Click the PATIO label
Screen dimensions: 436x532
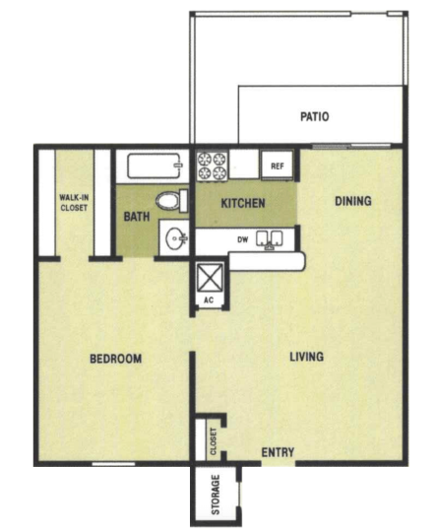pyautogui.click(x=314, y=116)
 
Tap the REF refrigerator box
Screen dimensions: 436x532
pyautogui.click(x=277, y=166)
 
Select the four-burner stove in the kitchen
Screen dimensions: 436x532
pyautogui.click(x=213, y=166)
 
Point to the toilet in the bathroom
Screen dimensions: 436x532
pyautogui.click(x=171, y=201)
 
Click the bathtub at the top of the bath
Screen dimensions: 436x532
pyautogui.click(x=155, y=166)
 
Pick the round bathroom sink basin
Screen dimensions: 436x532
pyautogui.click(x=175, y=237)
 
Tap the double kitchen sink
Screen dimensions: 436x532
pyautogui.click(x=270, y=238)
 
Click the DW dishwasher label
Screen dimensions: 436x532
pyautogui.click(x=243, y=239)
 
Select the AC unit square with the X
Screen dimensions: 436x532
pyautogui.click(x=211, y=278)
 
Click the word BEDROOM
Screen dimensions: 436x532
pyautogui.click(x=115, y=359)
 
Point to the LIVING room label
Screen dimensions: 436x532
pyautogui.click(x=306, y=357)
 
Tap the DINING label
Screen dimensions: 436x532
pyautogui.click(x=353, y=201)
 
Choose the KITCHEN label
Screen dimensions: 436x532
pyautogui.click(x=243, y=203)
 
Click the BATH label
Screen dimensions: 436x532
pyautogui.click(x=137, y=217)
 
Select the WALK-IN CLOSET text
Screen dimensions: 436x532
pyautogui.click(x=74, y=203)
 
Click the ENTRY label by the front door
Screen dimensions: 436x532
pyautogui.click(x=278, y=452)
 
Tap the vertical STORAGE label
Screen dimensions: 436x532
pyautogui.click(x=216, y=494)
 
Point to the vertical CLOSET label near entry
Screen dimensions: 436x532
pyautogui.click(x=214, y=441)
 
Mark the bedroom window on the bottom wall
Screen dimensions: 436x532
pyautogui.click(x=113, y=464)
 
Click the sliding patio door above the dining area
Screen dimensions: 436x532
pyautogui.click(x=351, y=146)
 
